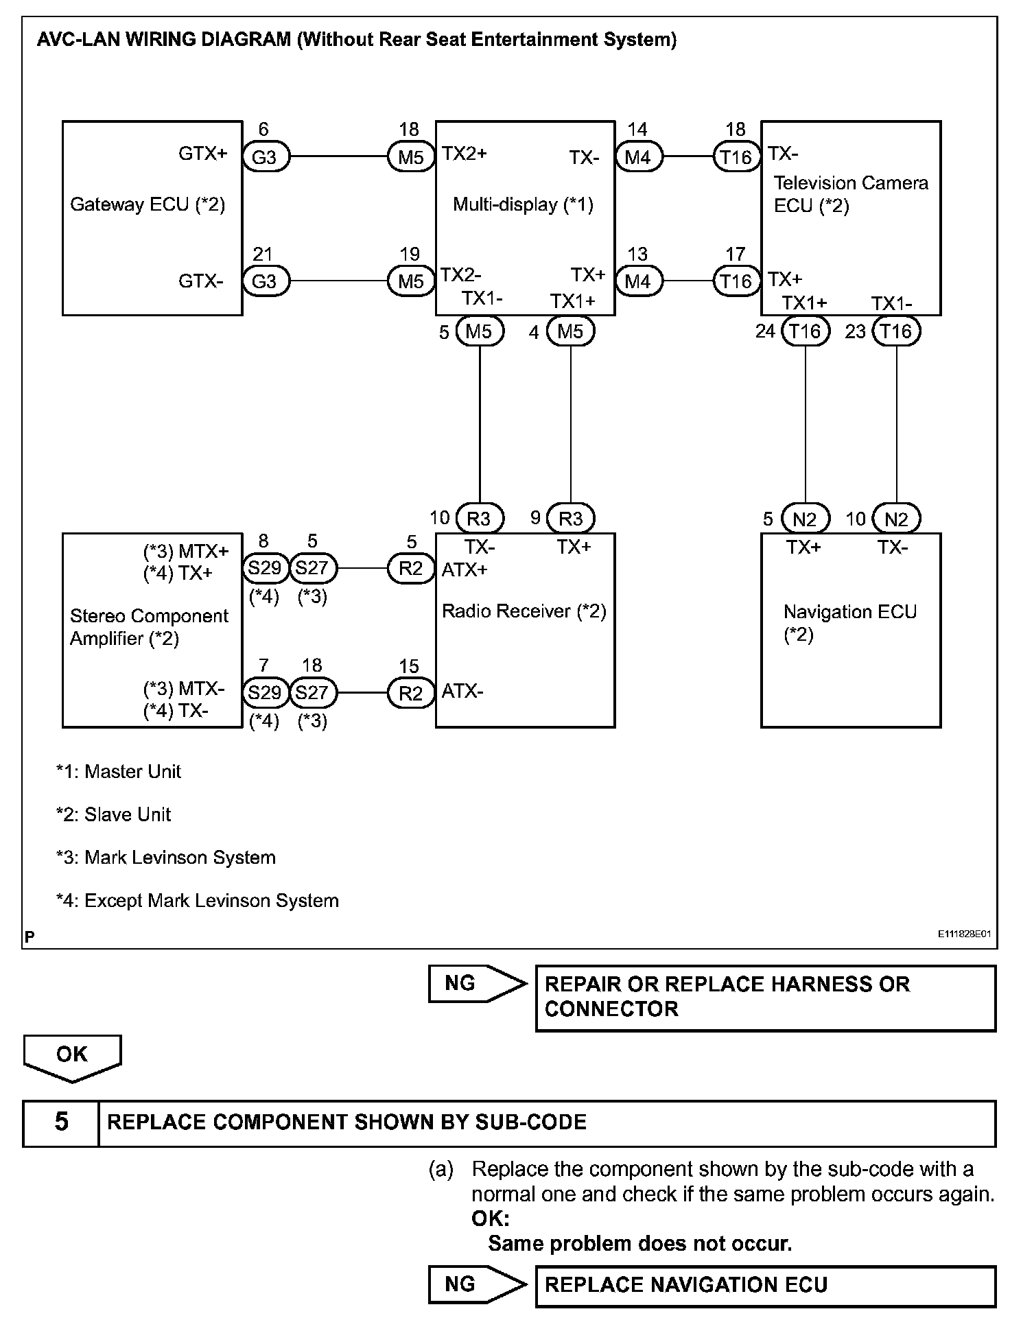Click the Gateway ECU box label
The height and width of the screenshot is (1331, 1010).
pos(148,204)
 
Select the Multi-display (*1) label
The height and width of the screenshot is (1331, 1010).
pos(523,204)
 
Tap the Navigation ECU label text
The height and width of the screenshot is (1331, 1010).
pos(849,612)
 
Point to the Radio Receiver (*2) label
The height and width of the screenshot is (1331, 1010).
pos(524,611)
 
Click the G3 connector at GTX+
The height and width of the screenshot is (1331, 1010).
pos(264,157)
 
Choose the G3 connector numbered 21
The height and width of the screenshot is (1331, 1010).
pos(264,281)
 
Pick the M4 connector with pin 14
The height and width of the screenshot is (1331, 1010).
pos(637,157)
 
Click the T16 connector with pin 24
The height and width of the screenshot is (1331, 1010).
pos(805,331)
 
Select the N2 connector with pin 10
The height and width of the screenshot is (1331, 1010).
pos(896,519)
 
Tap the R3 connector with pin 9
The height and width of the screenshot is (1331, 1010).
pos(570,519)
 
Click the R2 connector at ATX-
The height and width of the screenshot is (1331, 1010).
pos(411,693)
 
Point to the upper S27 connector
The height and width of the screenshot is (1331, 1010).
pos(312,568)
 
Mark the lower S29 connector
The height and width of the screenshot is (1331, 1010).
pos(264,693)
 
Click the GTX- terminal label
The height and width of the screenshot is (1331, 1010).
pos(201,281)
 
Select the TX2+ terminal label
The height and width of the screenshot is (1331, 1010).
pos(465,153)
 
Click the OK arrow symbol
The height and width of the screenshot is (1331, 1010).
pos(72,1057)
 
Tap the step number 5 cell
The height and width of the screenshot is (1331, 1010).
pos(61,1122)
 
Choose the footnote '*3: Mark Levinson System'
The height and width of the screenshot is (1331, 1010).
pos(166,858)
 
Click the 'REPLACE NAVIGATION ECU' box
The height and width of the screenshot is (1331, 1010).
pos(764,1285)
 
